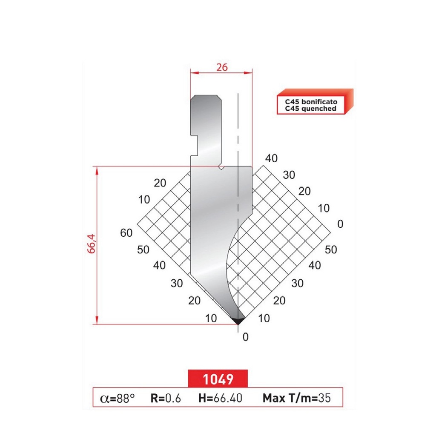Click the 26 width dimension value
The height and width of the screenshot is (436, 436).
(x=222, y=67)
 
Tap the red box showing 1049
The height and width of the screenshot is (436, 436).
(x=218, y=378)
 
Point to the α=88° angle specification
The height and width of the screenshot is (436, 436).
(x=118, y=399)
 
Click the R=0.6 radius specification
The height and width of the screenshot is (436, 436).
(x=166, y=399)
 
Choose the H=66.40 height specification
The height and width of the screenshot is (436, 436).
(x=220, y=399)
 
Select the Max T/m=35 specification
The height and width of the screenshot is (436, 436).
(x=296, y=399)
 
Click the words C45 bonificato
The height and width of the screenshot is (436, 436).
(x=311, y=102)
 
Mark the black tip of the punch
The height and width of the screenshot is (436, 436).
(x=238, y=320)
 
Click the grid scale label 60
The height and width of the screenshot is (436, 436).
(x=126, y=232)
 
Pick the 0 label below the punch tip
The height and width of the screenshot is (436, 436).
(x=245, y=337)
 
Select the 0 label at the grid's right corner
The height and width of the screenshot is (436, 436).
(x=339, y=224)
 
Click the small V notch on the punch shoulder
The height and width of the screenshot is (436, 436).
(x=221, y=168)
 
